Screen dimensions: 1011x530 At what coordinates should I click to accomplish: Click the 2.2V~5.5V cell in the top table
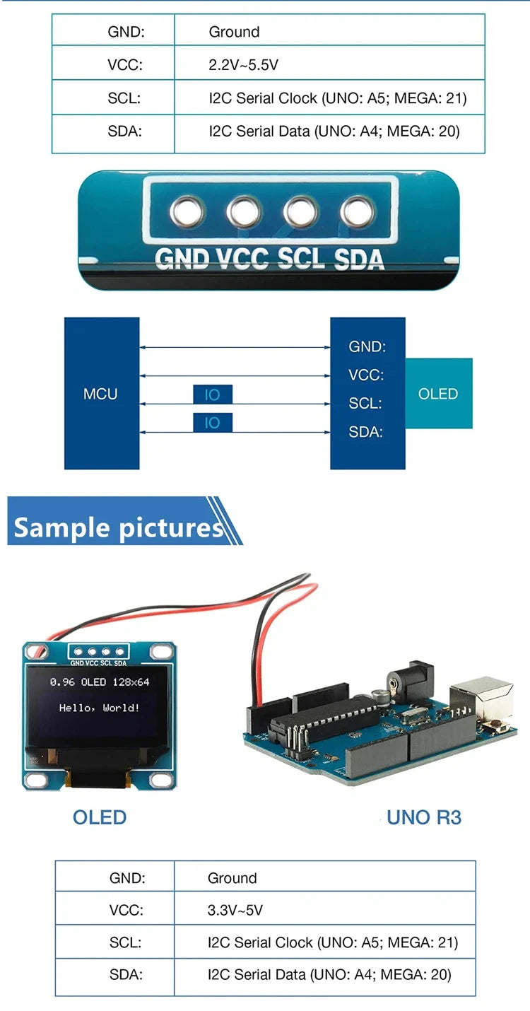[x=243, y=65]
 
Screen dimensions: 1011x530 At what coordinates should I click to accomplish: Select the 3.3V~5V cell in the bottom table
[x=235, y=910]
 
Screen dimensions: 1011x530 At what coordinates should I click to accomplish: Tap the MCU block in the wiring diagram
[x=101, y=394]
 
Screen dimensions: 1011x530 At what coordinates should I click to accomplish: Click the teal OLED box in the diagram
[x=438, y=394]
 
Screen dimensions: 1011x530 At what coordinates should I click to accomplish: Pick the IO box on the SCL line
[x=212, y=395]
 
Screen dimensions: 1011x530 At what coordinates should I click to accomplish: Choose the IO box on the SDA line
[x=212, y=423]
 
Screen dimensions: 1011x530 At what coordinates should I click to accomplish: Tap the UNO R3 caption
[x=424, y=818]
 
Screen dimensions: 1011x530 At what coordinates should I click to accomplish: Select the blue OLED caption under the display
[x=100, y=817]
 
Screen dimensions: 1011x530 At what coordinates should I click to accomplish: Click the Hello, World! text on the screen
[x=99, y=707]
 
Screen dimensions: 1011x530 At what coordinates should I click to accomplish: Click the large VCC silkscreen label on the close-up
[x=242, y=258]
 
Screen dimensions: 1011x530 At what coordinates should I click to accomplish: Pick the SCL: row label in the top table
[x=124, y=98]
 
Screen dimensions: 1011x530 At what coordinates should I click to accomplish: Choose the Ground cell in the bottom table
[x=232, y=878]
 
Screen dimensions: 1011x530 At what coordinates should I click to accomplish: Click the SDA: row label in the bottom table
[x=126, y=974]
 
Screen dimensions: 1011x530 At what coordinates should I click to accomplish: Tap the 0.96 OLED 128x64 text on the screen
[x=99, y=682]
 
